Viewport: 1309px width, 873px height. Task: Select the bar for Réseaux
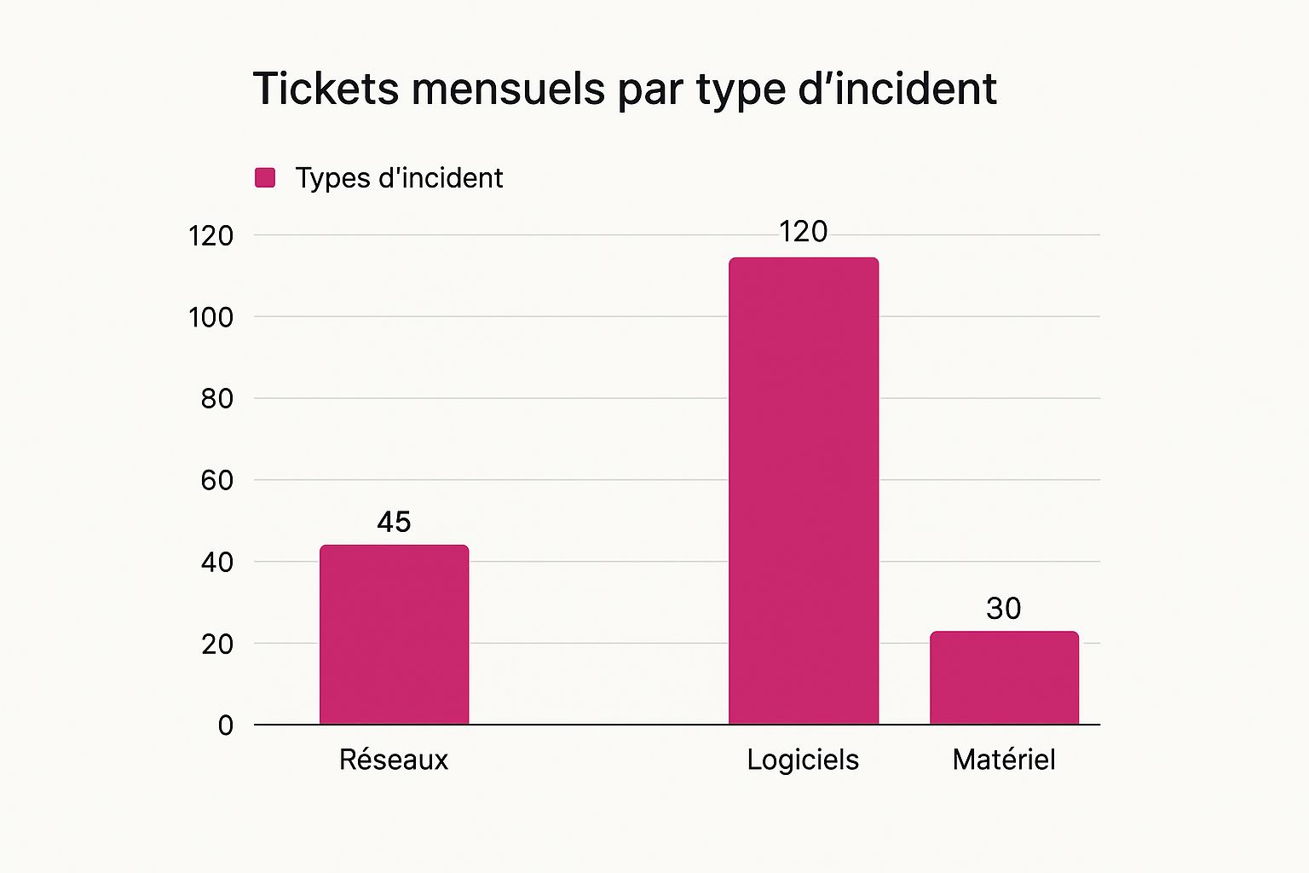click(394, 635)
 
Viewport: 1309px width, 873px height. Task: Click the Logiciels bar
click(803, 491)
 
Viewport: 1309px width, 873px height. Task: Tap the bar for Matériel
click(1004, 678)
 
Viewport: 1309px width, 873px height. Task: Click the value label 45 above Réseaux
click(394, 522)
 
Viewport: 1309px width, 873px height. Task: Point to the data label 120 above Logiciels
click(803, 232)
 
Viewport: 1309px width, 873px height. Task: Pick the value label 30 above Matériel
click(1003, 609)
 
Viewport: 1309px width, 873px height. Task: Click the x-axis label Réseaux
click(393, 759)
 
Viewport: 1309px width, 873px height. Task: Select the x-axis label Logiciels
click(803, 760)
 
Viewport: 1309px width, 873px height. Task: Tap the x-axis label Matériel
click(1003, 759)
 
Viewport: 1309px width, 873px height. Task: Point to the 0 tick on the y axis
click(225, 726)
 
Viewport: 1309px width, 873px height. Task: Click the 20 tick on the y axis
click(217, 644)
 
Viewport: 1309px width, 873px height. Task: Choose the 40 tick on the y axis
click(217, 562)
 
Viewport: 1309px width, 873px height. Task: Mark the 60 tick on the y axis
click(217, 480)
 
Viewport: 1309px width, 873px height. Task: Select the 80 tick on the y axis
click(217, 398)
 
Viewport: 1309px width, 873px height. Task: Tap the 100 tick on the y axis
click(210, 317)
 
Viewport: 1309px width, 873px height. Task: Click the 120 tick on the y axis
click(210, 235)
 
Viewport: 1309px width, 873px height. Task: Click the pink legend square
click(265, 177)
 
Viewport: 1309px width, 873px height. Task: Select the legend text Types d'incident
click(399, 177)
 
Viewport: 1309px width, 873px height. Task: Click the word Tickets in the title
click(326, 89)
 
